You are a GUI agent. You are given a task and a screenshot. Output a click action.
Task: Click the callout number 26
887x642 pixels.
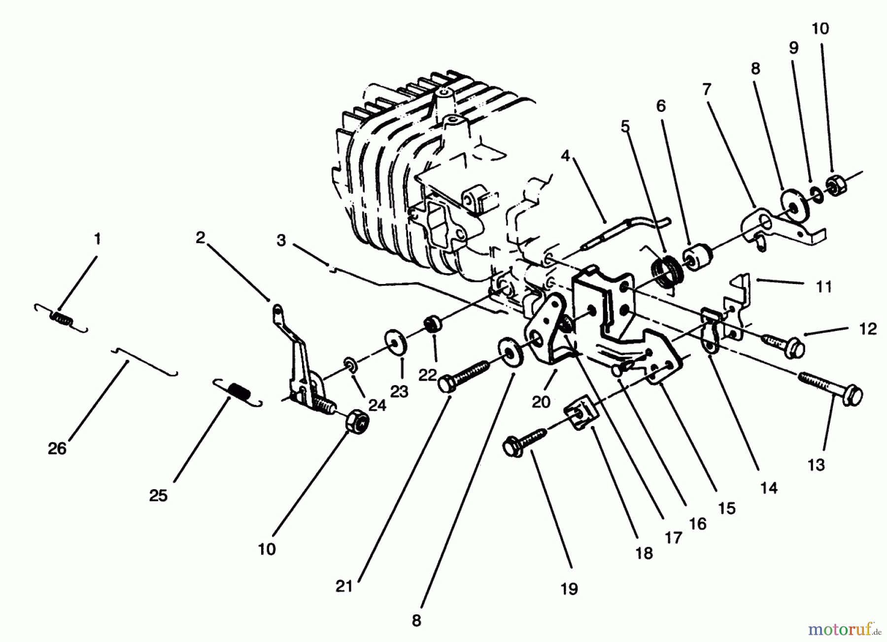(57, 448)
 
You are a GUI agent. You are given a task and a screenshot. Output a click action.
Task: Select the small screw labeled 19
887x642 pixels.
(525, 441)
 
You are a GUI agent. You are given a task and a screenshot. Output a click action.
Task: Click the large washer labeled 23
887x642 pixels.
(395, 342)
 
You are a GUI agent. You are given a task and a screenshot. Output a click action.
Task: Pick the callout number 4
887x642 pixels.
(565, 156)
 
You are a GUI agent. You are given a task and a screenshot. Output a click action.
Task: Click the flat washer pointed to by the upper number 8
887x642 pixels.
(794, 202)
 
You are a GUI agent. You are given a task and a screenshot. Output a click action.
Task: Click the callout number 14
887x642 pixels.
(769, 488)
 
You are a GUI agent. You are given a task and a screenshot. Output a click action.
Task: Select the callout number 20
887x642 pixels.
(541, 402)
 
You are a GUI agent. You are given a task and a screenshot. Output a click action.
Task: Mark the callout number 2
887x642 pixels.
(200, 238)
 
